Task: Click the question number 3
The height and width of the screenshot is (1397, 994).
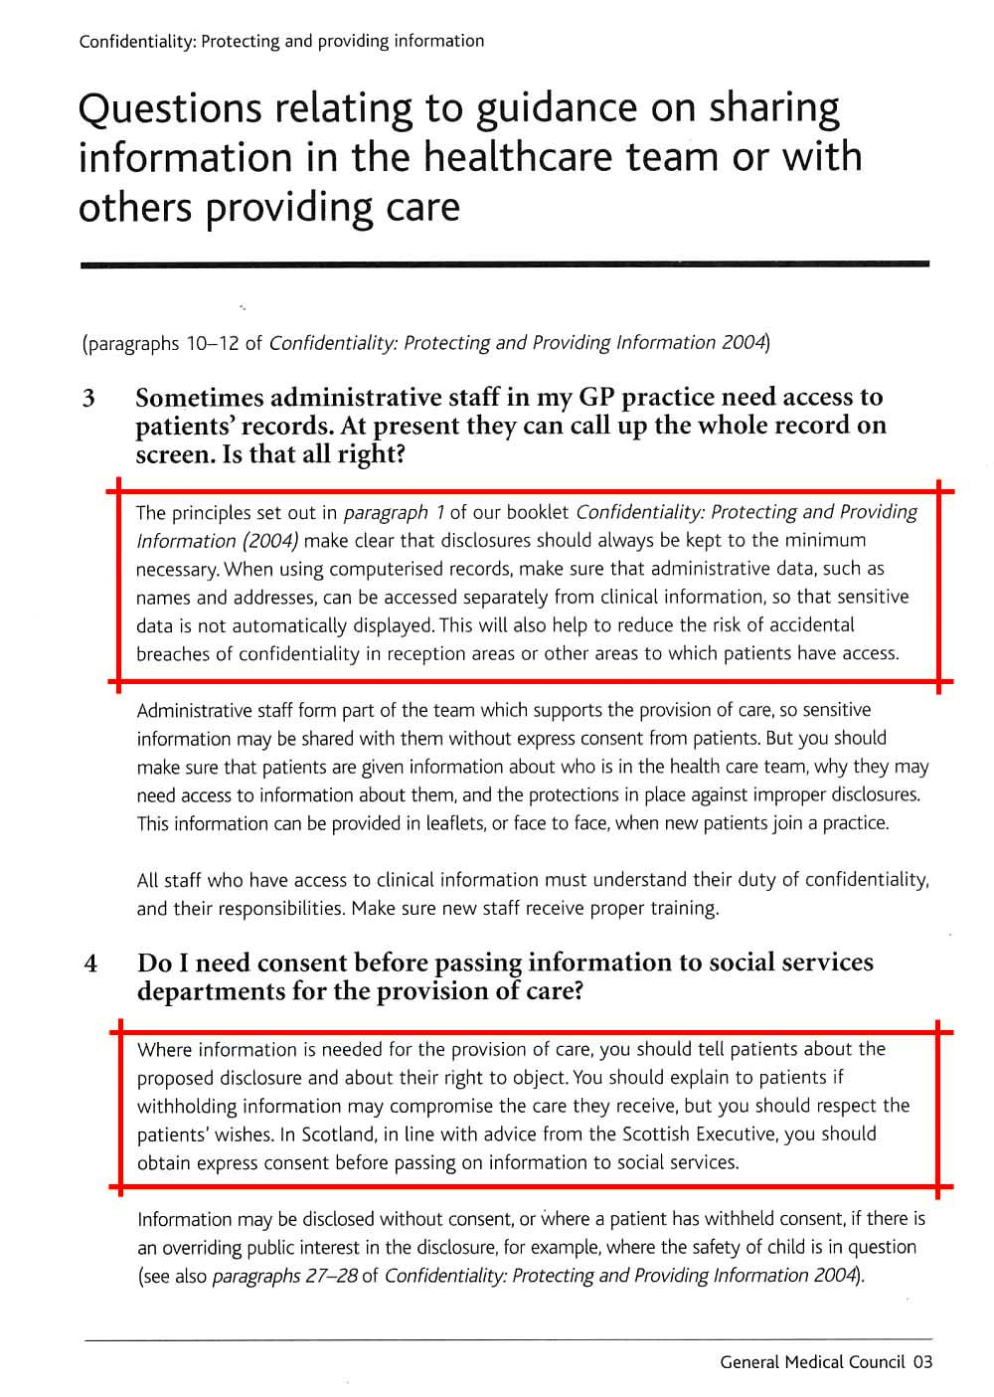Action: point(89,399)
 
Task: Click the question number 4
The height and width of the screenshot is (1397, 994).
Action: point(90,963)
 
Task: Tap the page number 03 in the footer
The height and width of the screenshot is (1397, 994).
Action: point(922,1362)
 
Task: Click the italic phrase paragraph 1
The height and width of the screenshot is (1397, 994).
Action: point(394,513)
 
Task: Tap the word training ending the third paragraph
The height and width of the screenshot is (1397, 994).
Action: point(683,908)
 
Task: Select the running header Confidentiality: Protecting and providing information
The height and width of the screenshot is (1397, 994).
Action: point(281,42)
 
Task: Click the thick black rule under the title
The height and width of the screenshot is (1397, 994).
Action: point(504,264)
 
